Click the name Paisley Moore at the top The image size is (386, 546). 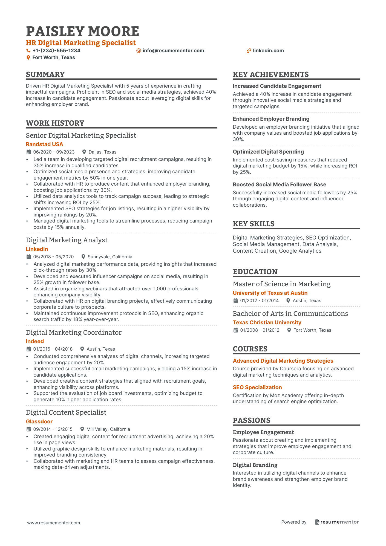point(82,31)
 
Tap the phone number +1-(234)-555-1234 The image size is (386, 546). point(56,51)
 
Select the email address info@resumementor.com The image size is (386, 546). point(173,51)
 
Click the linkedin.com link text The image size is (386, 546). point(268,51)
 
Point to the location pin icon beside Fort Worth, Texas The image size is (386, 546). point(28,57)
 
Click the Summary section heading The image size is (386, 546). point(45,74)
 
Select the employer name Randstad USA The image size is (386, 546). point(44,144)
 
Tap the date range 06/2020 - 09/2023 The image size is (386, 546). point(54,152)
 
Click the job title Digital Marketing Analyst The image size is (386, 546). point(67,240)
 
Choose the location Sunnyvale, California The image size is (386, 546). point(110,257)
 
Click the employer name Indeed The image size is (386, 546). point(35,341)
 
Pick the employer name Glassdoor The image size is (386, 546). point(39,421)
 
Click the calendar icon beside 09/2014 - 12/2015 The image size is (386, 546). point(28,429)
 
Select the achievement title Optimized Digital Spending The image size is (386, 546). point(268,152)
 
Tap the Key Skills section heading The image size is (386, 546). point(254,224)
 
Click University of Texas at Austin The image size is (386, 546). point(270,293)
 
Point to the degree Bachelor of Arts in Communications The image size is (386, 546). point(290,314)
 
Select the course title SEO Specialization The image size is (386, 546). point(257,387)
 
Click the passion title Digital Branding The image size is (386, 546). point(255,465)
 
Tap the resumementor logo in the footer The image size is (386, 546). point(336,522)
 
